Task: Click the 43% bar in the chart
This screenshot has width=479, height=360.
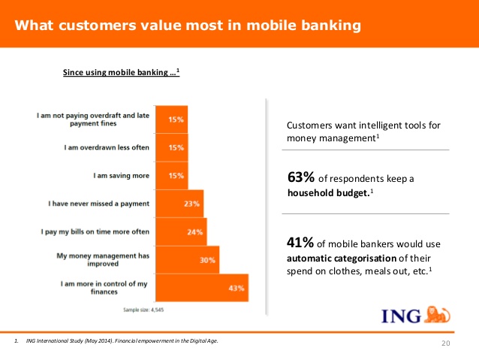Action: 202,288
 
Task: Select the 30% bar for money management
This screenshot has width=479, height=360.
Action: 187,260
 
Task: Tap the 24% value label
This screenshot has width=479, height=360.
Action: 195,232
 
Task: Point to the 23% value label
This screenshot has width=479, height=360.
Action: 191,204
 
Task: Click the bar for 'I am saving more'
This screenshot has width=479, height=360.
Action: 172,176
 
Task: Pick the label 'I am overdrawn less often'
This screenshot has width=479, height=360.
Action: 107,147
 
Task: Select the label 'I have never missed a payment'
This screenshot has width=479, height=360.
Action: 98,204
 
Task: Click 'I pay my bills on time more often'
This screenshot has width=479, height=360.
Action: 95,231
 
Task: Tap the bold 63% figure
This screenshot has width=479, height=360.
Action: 301,177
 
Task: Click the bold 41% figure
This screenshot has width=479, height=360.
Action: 300,243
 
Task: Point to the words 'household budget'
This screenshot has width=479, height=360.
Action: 328,193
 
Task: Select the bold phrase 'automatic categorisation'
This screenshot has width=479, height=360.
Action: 342,259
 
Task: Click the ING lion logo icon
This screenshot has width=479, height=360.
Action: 438,314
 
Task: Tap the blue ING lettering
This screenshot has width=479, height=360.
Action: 401,316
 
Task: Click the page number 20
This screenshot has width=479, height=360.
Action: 446,343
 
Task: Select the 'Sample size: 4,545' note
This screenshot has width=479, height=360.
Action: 143,310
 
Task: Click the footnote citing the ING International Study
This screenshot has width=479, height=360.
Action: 116,340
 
